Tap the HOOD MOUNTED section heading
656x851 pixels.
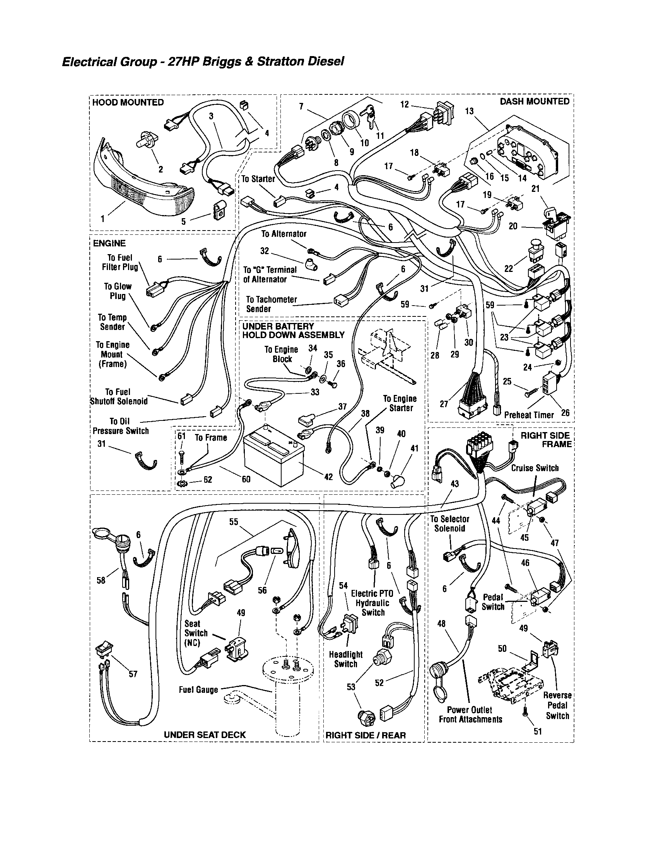pos(128,103)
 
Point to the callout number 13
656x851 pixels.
pos(469,111)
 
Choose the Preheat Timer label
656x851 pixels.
pos(529,415)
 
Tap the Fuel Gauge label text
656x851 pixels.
pos(198,690)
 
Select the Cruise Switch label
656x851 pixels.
pos(535,468)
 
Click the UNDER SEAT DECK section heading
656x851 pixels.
pos(205,735)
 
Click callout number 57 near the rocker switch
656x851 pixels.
pos(133,674)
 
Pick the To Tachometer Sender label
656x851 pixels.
pos(271,304)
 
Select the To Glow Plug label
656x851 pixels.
pos(118,291)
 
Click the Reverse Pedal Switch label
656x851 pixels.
pos(557,705)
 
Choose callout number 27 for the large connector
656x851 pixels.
pos(444,404)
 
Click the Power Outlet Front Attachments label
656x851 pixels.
pos(470,714)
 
